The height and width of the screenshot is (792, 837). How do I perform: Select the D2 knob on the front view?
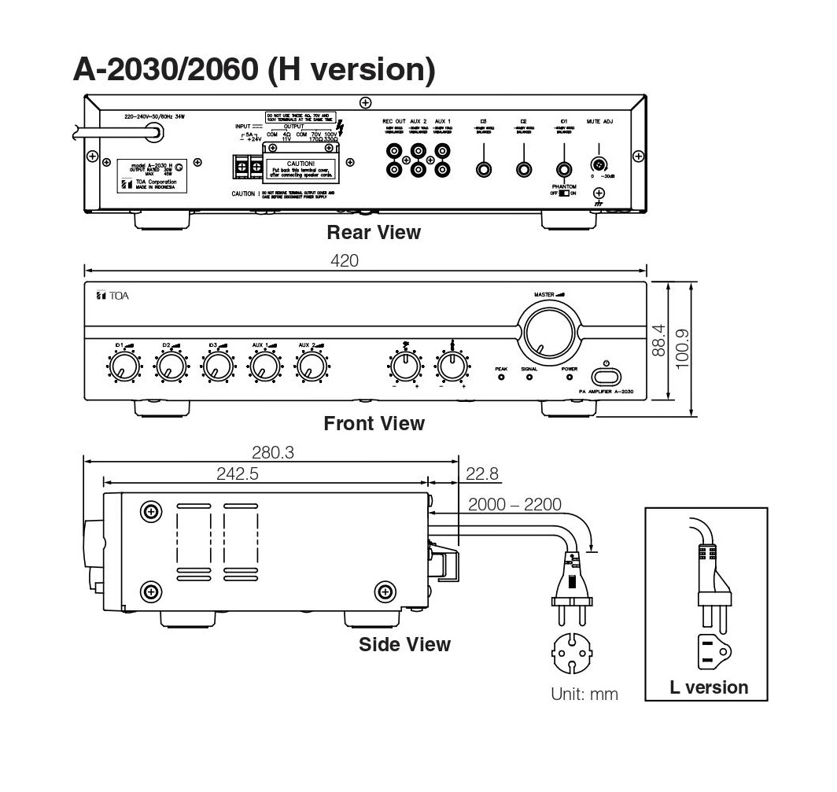pos(169,365)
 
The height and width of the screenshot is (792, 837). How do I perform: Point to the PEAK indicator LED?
pos(501,377)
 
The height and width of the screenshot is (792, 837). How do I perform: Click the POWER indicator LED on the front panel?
pos(570,377)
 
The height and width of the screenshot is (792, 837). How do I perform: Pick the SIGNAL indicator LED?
pos(529,377)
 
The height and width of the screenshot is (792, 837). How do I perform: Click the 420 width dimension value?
pos(345,261)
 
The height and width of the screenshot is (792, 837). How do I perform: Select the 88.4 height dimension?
pos(659,340)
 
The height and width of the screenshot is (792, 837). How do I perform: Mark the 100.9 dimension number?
pos(682,346)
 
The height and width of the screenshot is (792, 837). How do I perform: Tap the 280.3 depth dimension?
pos(272,452)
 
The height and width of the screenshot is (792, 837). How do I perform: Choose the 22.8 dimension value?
pos(482,473)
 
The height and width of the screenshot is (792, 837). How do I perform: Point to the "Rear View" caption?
pos(374,232)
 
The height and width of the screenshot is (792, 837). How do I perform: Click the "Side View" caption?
pos(404,644)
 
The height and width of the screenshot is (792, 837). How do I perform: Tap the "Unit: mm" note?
pos(584,694)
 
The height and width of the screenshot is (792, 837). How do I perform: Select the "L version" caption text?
pos(709,687)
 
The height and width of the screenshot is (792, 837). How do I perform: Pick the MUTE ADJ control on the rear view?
pos(599,166)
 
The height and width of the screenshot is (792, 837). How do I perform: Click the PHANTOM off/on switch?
pos(563,193)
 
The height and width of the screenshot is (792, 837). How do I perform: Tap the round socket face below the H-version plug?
pos(573,651)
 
